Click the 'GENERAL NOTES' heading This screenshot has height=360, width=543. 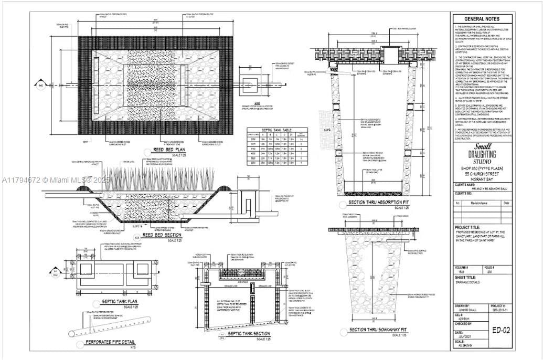(481, 19)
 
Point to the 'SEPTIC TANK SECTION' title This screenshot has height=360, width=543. (249, 333)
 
